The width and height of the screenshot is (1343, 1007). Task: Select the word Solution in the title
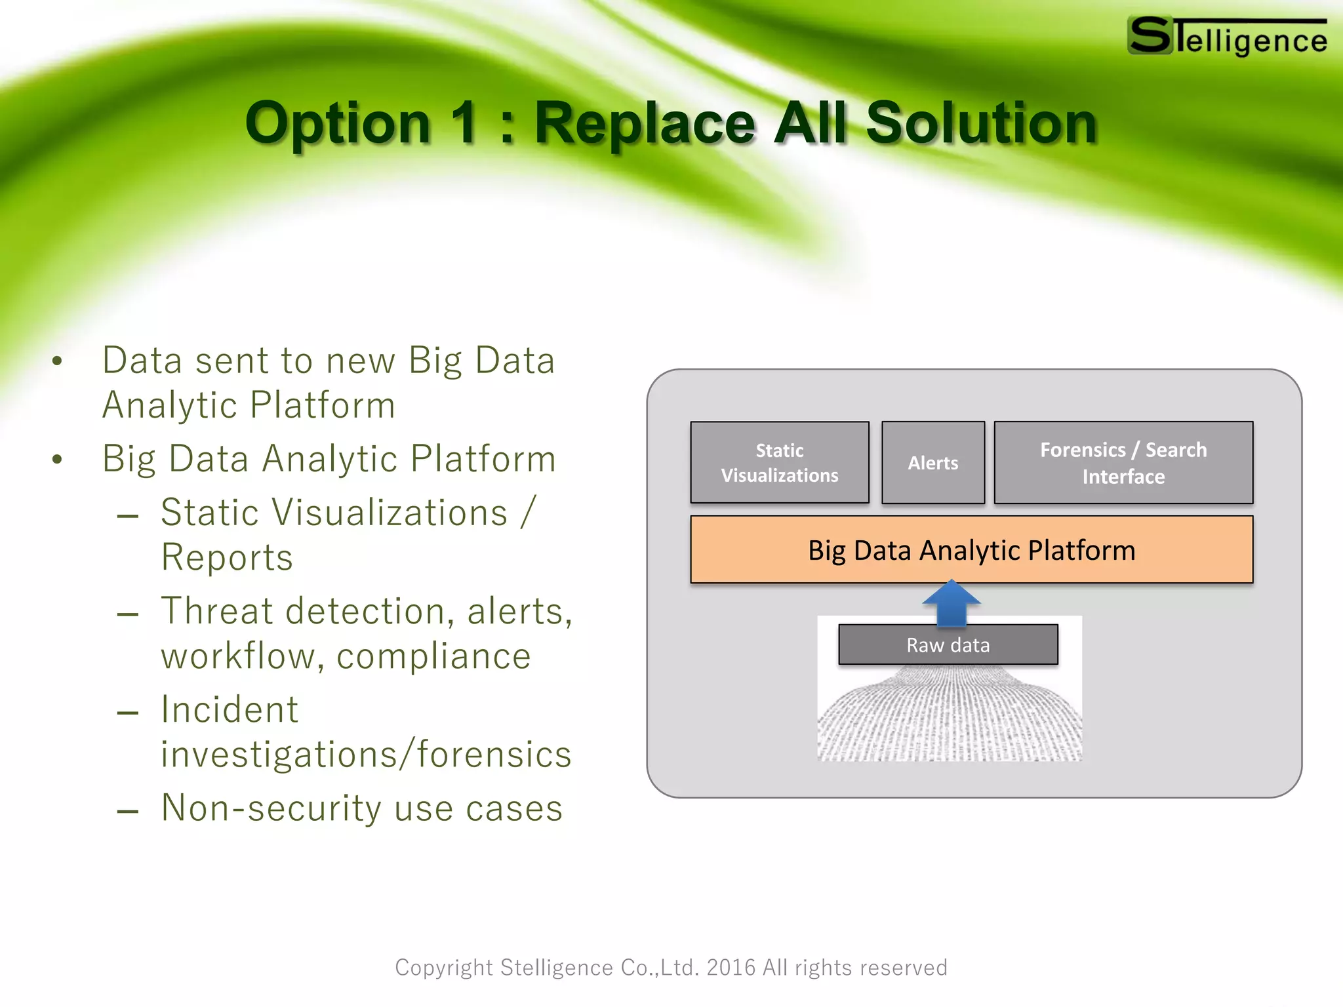pyautogui.click(x=981, y=123)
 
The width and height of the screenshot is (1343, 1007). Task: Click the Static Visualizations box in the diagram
pyautogui.click(x=780, y=463)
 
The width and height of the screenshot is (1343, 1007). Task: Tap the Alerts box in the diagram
pyautogui.click(x=932, y=463)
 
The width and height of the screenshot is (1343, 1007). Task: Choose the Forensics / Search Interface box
pyautogui.click(x=1123, y=463)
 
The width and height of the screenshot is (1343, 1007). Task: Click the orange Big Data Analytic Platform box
pyautogui.click(x=971, y=550)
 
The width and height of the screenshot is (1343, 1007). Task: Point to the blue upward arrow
pyautogui.click(x=952, y=602)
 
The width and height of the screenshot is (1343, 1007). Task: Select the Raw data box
pyautogui.click(x=948, y=645)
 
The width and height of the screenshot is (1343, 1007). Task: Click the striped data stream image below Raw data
pyautogui.click(x=949, y=718)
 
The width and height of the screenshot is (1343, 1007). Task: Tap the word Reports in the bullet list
pyautogui.click(x=227, y=558)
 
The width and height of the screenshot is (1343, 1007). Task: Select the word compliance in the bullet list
pyautogui.click(x=433, y=656)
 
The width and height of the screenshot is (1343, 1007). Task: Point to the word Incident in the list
pyautogui.click(x=230, y=710)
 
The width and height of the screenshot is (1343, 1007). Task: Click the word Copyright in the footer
pyautogui.click(x=443, y=968)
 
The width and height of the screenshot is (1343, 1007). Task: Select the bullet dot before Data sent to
pyautogui.click(x=58, y=361)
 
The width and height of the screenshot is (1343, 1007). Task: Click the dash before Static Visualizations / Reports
pyautogui.click(x=127, y=516)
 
